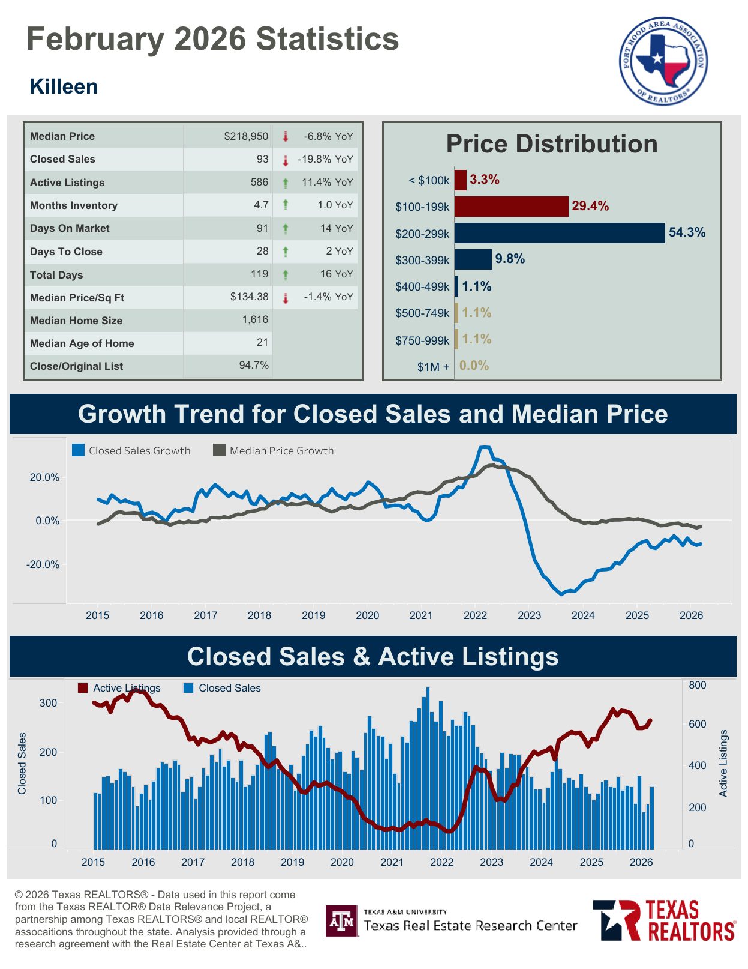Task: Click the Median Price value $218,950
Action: (246, 136)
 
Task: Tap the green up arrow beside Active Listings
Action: (286, 183)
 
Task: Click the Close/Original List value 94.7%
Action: (254, 365)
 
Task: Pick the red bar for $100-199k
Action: (511, 206)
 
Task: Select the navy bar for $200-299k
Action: (560, 233)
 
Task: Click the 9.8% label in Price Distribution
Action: (510, 259)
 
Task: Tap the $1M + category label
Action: (433, 367)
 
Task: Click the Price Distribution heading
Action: (551, 144)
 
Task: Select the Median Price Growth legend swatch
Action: (220, 450)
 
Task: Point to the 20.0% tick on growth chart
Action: (44, 477)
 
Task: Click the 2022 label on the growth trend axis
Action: (475, 615)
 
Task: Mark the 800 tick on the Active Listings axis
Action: (697, 685)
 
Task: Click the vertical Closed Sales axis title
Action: (22, 763)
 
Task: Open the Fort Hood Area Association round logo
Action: (663, 60)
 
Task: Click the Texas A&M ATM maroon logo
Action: (341, 921)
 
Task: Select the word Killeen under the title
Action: (64, 86)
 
